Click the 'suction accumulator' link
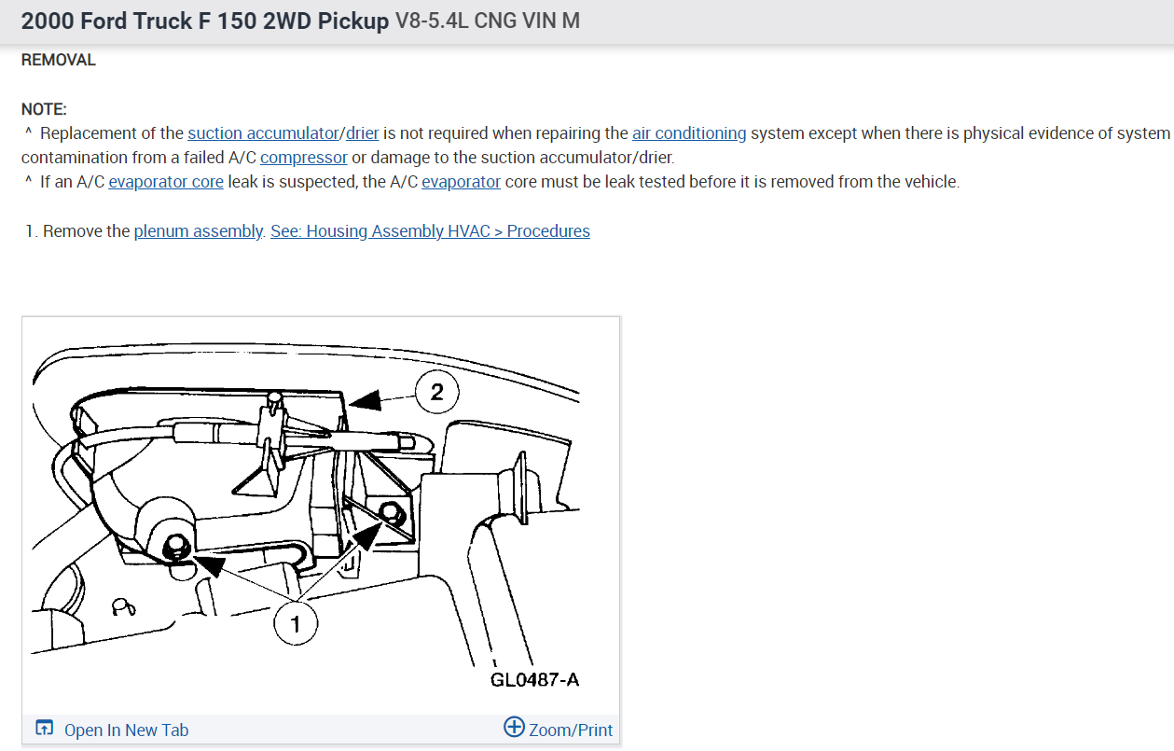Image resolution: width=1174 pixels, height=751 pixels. tap(263, 133)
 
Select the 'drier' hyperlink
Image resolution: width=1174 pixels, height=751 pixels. tap(362, 133)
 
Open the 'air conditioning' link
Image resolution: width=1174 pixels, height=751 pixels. tap(689, 133)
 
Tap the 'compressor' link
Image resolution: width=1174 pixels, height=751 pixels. tap(304, 158)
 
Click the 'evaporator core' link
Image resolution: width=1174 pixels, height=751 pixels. tap(166, 182)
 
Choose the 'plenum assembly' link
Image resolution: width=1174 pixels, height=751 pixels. tap(199, 230)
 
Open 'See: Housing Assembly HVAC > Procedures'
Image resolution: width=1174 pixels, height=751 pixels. tap(430, 230)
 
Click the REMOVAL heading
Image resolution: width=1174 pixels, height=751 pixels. tap(58, 60)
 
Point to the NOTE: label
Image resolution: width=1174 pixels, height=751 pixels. tap(44, 109)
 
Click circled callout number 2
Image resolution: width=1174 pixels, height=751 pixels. tap(437, 392)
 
